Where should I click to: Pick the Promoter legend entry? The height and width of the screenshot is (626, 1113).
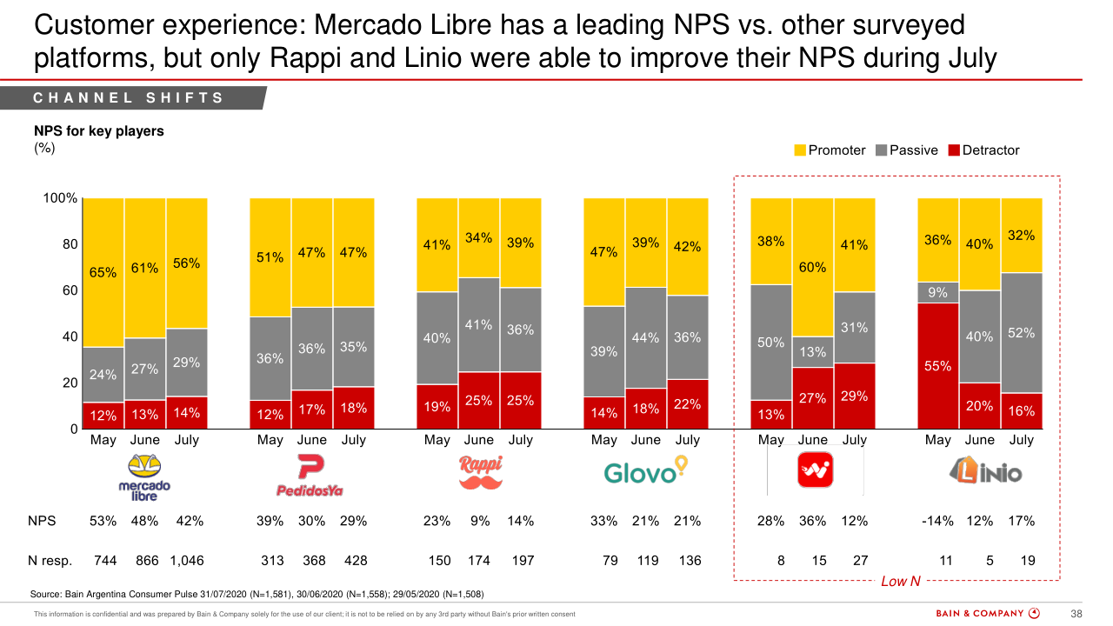pos(830,150)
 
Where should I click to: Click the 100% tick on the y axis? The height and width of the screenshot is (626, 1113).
pos(60,198)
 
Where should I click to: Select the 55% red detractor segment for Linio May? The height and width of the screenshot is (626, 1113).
pos(938,366)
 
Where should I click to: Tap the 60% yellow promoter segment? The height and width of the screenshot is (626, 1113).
pos(813,267)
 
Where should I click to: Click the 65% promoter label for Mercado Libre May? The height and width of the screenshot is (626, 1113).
pos(103,272)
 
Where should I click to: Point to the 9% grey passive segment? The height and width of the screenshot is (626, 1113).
pos(938,293)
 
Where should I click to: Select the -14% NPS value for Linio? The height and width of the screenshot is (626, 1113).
pos(937,521)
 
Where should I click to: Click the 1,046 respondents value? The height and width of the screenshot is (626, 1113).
pos(187,561)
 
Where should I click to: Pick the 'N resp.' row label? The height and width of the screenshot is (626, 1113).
pos(50,561)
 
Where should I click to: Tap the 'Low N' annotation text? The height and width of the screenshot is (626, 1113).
pos(900,581)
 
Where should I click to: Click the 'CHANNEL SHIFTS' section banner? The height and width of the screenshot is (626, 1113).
pos(129,98)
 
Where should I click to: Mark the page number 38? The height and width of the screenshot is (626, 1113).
pos(1076,614)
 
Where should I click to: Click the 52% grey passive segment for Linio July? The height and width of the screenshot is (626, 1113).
pos(1022,333)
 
